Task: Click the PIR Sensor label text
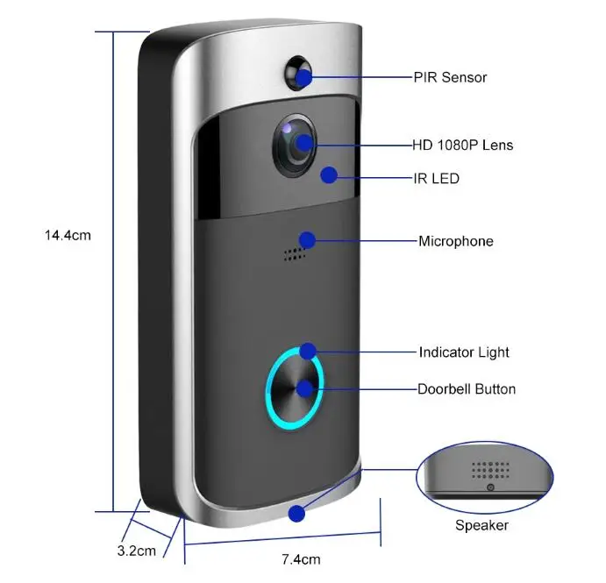point(450,77)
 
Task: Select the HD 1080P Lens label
point(463,145)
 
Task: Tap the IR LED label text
point(436,178)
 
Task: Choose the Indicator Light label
point(464,352)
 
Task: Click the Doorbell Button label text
point(467,388)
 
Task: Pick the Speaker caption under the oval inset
point(481,525)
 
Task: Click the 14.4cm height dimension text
point(68,235)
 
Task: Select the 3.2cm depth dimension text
point(136,551)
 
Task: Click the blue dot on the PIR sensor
point(303,77)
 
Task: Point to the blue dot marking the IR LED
point(328,175)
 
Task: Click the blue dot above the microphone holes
point(306,240)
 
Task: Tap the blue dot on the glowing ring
point(308,352)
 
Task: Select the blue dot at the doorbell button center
point(303,388)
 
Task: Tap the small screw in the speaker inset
point(490,487)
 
